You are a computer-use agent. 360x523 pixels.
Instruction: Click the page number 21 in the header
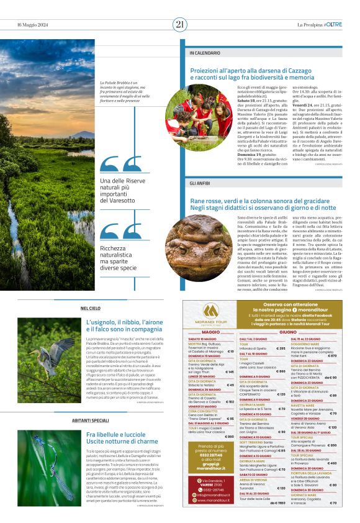click(180, 24)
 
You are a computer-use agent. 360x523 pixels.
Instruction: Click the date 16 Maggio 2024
click(32, 25)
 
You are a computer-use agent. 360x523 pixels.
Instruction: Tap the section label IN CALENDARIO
click(205, 53)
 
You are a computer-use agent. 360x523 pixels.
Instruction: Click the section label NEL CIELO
click(90, 308)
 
